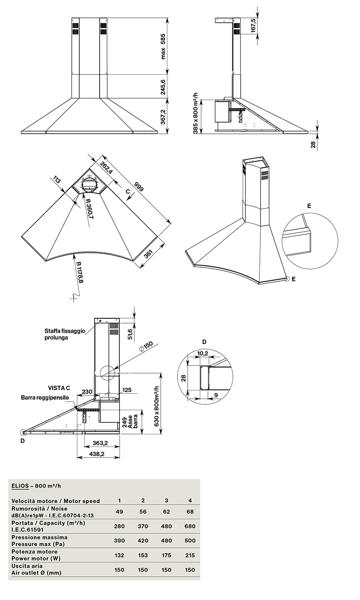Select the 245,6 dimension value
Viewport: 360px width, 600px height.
pos(163,87)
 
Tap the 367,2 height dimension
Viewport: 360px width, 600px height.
pos(163,117)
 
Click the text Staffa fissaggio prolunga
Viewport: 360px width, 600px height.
pos(65,334)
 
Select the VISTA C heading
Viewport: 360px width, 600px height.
pos(59,388)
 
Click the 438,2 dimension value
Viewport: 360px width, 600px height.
pos(98,454)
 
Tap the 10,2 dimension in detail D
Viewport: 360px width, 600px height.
pos(204,353)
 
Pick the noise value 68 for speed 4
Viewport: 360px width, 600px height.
pos(190,512)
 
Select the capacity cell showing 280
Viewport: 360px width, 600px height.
pos(119,526)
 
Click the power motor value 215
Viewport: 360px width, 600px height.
pos(190,555)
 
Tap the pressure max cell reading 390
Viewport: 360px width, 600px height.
pos(119,541)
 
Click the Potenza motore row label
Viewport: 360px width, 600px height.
pos(35,552)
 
